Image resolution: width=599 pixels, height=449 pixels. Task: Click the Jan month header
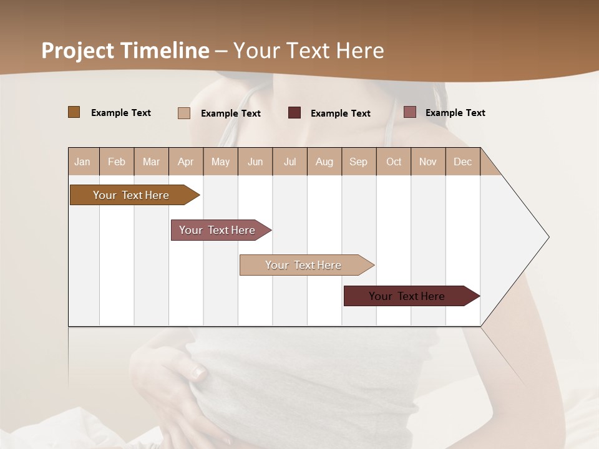[x=83, y=162]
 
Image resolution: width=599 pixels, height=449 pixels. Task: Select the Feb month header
[x=117, y=162]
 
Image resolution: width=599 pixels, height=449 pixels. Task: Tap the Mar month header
[x=151, y=162]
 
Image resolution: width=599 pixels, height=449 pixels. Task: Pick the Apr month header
[x=186, y=162]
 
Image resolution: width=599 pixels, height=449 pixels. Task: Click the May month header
[x=220, y=162]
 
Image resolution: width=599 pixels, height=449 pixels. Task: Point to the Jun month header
[x=255, y=162]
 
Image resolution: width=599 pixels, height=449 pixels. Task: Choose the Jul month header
[x=290, y=162]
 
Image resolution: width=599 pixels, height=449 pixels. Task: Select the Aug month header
[x=324, y=162]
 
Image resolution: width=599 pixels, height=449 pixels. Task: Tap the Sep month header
[x=359, y=162]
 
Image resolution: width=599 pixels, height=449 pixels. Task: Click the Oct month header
[x=394, y=162]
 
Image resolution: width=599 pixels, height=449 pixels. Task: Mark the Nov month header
[x=428, y=162]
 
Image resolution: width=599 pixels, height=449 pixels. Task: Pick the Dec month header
[x=462, y=162]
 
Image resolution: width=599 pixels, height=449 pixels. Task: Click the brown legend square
[x=74, y=112]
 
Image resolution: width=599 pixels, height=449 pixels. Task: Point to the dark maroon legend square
[x=295, y=112]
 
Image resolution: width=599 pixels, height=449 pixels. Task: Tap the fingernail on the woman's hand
[x=198, y=372]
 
